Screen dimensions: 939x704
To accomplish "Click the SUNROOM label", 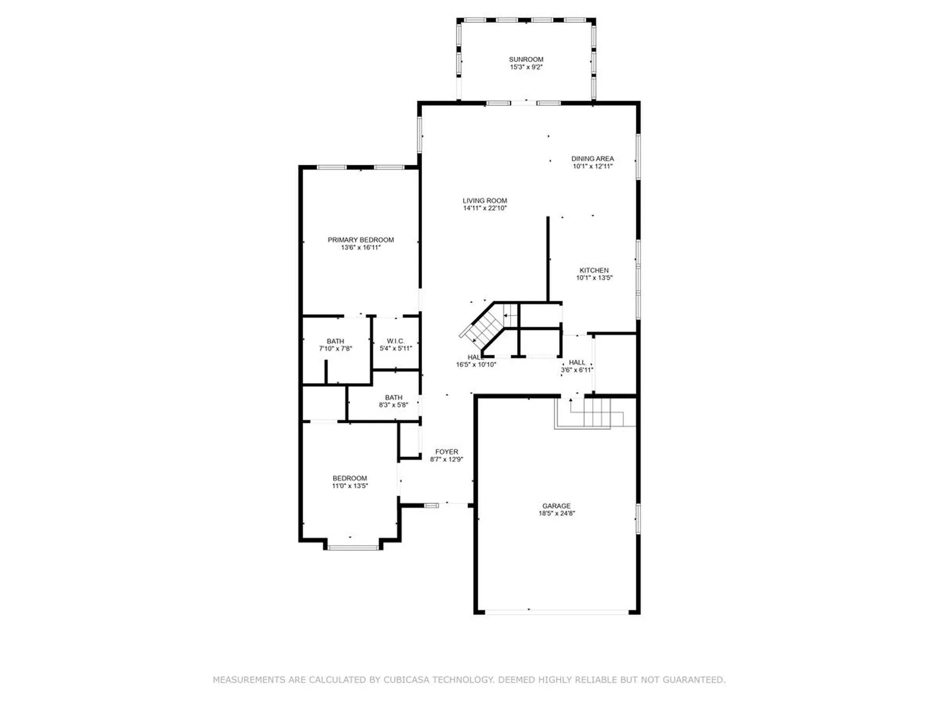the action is point(526,59).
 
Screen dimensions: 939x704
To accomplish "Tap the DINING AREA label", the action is point(592,158).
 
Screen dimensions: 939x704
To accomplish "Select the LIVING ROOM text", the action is point(485,200).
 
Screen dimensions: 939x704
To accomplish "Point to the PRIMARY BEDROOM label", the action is point(360,240).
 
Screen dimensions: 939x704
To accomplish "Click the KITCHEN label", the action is point(594,270).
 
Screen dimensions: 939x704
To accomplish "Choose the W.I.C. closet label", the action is point(395,341).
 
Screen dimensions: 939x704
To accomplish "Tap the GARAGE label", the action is point(557,506).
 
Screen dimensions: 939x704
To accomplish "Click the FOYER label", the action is point(447,452).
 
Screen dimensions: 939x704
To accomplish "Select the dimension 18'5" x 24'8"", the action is point(557,513).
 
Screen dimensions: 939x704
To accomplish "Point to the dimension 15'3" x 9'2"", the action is point(526,67).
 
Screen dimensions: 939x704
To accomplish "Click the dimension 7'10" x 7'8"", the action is point(335,349).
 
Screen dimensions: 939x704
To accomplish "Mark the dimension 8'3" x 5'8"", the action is point(393,405).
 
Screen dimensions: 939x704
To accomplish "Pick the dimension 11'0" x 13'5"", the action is point(350,486).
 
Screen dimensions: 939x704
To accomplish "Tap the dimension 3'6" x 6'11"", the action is point(577,370).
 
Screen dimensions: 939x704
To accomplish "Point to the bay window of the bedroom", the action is point(353,548).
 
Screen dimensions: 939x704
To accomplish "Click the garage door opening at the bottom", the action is point(557,611).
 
